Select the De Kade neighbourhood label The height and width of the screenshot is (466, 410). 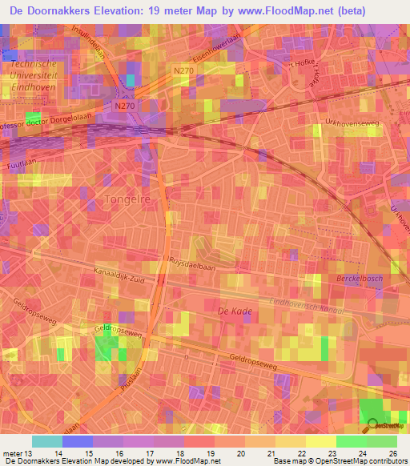coord(234,309)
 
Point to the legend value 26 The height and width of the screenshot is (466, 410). coord(392,453)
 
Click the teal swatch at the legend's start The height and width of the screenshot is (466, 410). coord(47,441)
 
